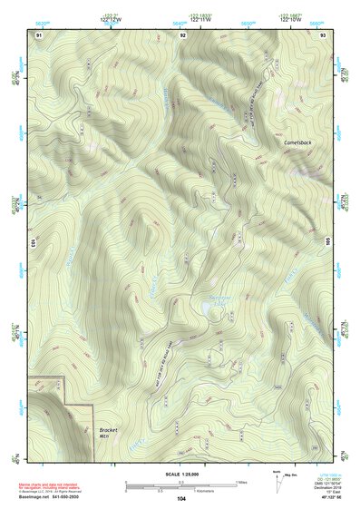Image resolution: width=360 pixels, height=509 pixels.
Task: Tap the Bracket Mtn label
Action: (102, 433)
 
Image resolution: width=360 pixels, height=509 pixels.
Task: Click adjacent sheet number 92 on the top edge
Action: (182, 34)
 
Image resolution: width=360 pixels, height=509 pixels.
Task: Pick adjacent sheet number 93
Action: (324, 34)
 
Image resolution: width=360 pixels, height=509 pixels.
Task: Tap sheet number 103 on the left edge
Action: (32, 244)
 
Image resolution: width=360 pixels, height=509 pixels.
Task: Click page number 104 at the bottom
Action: (181, 498)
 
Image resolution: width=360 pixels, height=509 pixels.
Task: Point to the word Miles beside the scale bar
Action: (241, 482)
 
